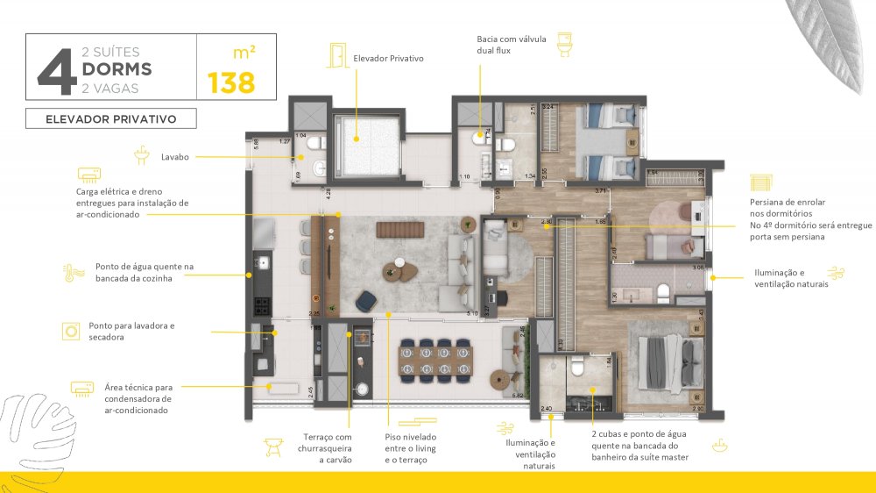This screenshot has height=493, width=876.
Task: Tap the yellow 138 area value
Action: [x=231, y=83]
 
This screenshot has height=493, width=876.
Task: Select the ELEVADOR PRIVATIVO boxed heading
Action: [x=111, y=118]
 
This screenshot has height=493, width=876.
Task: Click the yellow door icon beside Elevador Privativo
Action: [x=336, y=55]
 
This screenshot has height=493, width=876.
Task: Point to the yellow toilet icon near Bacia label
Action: [x=564, y=41]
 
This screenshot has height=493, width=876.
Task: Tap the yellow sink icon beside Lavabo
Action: [x=141, y=156]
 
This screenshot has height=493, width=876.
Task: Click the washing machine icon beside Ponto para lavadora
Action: [x=71, y=331]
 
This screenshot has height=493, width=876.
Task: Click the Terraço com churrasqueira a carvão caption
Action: [x=327, y=448]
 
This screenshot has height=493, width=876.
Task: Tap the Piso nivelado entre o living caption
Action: [x=410, y=448]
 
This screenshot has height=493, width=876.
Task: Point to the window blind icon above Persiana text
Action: [x=759, y=182]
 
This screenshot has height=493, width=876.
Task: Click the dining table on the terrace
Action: [x=431, y=359]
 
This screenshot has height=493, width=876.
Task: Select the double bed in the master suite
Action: [x=671, y=361]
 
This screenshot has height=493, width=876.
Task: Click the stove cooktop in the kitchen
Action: [x=262, y=305]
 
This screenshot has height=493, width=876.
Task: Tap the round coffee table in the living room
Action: [x=399, y=265]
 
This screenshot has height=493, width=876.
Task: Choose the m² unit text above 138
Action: [x=245, y=53]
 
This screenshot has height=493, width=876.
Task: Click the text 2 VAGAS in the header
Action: [x=109, y=88]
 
